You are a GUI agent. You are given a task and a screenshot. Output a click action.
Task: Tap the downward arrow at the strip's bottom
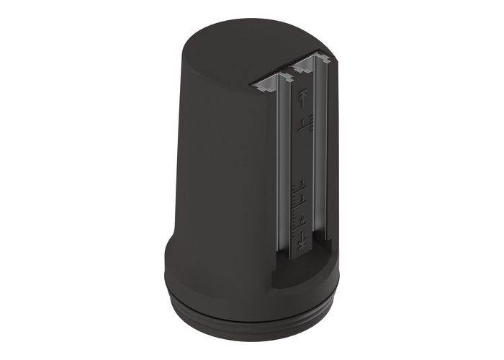pos(303,240)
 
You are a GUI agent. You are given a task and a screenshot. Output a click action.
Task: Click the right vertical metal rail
pos(321,166)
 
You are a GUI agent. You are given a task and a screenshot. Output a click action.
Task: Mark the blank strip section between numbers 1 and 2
pos(302,155)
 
